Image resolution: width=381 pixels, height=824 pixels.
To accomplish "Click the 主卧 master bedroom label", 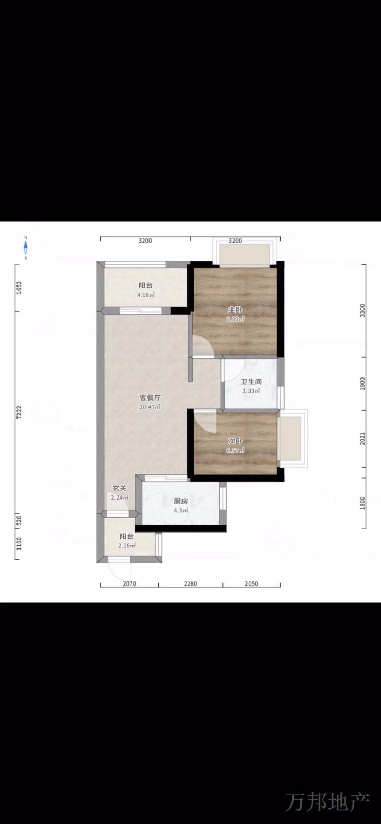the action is [x=235, y=310].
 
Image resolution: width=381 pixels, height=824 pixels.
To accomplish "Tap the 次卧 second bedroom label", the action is [x=235, y=441].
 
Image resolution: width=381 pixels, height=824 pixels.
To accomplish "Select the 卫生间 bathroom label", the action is [x=252, y=382].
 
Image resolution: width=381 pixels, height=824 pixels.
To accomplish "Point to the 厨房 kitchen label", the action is [x=181, y=501].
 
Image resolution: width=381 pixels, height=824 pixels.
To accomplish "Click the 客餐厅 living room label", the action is [x=150, y=398].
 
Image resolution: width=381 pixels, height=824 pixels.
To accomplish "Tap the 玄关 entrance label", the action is [x=119, y=488].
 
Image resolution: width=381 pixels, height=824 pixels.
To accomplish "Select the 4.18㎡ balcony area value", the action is [x=146, y=295].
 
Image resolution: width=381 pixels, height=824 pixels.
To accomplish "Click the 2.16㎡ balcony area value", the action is [x=127, y=545].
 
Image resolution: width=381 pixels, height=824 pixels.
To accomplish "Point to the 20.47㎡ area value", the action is [x=150, y=407].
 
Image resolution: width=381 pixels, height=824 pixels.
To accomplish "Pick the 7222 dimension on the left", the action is [x=19, y=413].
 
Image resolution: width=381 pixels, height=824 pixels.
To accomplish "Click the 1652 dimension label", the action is [x=19, y=288].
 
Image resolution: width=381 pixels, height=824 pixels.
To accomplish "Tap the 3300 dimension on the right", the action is [x=363, y=311].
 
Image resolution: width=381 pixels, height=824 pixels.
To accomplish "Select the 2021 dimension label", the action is [x=363, y=438].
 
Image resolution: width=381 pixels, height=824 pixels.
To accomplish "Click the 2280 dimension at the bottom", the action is [x=191, y=583].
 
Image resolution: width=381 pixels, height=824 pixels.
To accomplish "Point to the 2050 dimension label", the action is [x=252, y=583].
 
